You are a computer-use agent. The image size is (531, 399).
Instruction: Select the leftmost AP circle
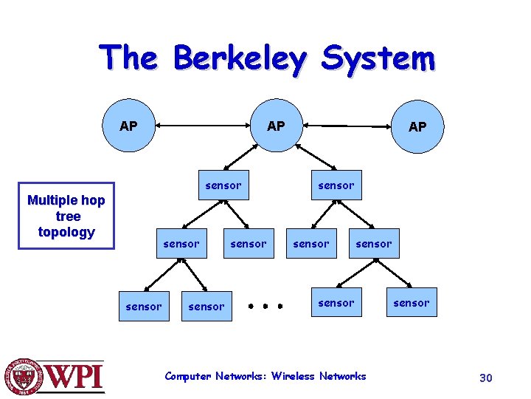[x=128, y=126]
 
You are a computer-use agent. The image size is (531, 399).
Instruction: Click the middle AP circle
[x=276, y=126]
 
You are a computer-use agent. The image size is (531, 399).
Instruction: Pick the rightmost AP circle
[x=417, y=126]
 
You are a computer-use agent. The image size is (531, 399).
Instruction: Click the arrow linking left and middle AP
[x=202, y=126]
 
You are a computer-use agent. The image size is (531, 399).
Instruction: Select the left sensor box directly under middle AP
[x=223, y=185]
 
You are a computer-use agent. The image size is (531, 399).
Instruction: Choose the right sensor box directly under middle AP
[x=336, y=185]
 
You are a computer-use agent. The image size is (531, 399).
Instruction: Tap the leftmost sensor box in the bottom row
[x=144, y=306]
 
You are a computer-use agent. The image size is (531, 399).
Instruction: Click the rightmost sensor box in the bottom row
[x=411, y=302]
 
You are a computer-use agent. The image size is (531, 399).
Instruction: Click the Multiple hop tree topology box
[x=66, y=216]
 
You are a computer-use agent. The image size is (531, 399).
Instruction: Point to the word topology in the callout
[x=66, y=232]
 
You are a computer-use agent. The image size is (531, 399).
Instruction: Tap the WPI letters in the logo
[x=77, y=378]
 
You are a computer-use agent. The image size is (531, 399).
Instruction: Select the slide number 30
[x=485, y=378]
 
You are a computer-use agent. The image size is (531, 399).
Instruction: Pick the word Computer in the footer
[x=188, y=376]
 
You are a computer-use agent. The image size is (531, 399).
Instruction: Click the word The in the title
[x=130, y=58]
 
